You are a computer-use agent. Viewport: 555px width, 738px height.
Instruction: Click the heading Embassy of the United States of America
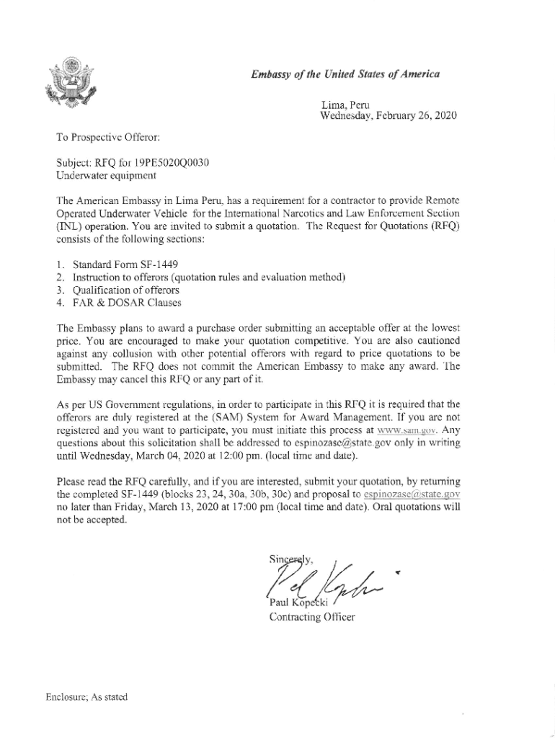[x=345, y=74]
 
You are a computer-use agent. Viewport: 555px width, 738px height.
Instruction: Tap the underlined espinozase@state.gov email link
[x=412, y=494]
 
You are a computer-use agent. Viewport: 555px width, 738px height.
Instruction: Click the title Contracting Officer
[x=311, y=618]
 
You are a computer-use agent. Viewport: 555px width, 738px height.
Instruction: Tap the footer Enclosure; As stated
[x=84, y=697]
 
